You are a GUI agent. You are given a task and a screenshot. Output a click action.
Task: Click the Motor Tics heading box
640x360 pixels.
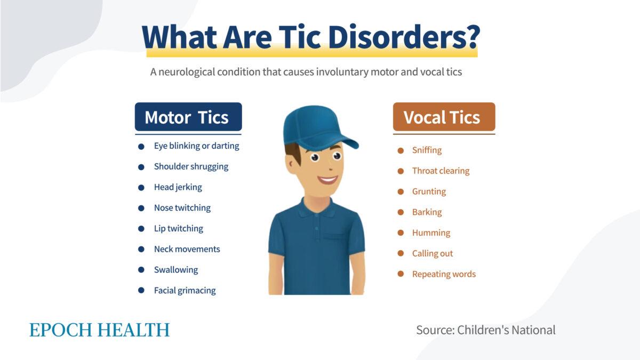pyautogui.click(x=188, y=117)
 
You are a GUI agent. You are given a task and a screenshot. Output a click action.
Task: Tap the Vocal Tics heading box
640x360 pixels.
pyautogui.click(x=444, y=117)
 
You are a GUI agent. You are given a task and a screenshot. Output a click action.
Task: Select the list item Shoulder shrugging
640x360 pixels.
pyautogui.click(x=191, y=166)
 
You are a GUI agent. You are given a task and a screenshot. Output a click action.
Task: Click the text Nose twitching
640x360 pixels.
pyautogui.click(x=182, y=208)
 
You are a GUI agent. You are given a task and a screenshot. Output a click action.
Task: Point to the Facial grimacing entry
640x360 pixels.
pyautogui.click(x=185, y=291)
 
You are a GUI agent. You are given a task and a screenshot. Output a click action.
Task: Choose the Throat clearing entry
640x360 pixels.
pyautogui.click(x=441, y=171)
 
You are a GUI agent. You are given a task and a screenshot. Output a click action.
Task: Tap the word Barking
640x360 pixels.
pyautogui.click(x=427, y=212)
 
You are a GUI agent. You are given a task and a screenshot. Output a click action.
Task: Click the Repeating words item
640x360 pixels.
pyautogui.click(x=444, y=274)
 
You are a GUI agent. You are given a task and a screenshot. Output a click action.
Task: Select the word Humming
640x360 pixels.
pyautogui.click(x=431, y=233)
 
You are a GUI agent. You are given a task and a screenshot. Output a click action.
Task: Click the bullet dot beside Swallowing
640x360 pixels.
pyautogui.click(x=141, y=270)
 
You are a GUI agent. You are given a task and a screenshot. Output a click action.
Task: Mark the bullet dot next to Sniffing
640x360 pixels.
pyautogui.click(x=401, y=150)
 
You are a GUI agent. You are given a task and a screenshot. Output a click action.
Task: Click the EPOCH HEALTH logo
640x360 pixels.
pyautogui.click(x=99, y=330)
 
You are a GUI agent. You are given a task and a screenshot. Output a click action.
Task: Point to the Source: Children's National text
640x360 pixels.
pyautogui.click(x=485, y=330)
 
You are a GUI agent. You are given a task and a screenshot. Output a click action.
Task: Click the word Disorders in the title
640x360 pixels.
pyautogui.click(x=403, y=36)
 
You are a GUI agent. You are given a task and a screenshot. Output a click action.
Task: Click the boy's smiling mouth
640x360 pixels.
pyautogui.click(x=328, y=180)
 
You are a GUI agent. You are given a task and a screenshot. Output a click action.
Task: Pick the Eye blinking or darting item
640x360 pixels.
pyautogui.click(x=196, y=146)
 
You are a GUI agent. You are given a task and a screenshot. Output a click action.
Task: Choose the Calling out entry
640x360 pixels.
pyautogui.click(x=432, y=254)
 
